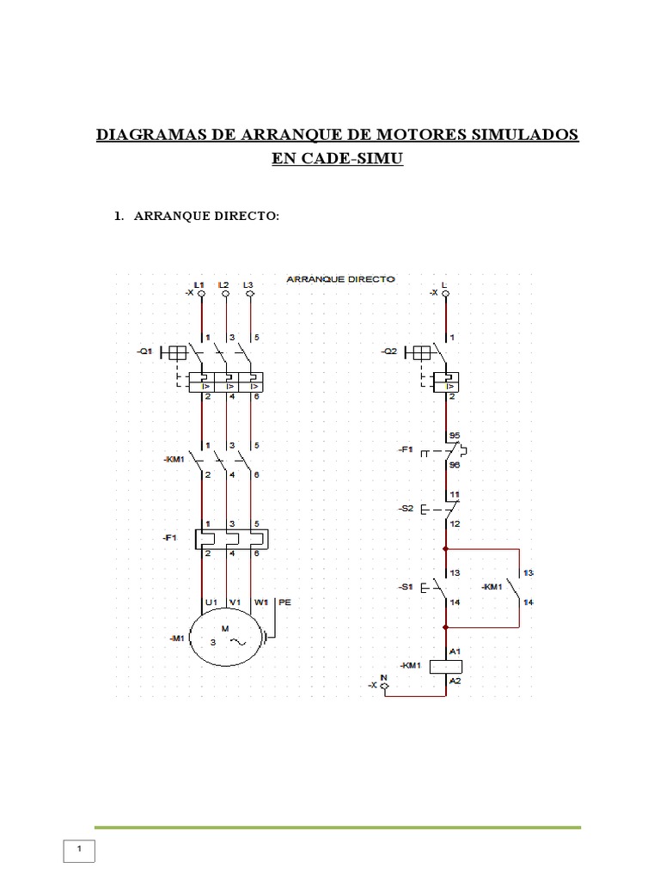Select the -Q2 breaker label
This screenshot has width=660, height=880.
[390, 351]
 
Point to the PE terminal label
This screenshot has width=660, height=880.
[285, 603]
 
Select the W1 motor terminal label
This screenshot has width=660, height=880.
[260, 603]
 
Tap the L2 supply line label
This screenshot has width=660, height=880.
[223, 284]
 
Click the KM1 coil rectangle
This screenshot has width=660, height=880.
[446, 666]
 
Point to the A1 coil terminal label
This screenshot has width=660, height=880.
[456, 651]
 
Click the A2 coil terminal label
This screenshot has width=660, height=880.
[456, 681]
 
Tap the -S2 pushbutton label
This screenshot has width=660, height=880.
[406, 509]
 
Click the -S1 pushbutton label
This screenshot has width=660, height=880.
[406, 587]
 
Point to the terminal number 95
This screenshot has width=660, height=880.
[455, 437]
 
